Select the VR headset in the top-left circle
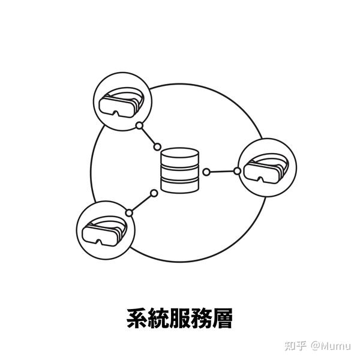coord(122,103)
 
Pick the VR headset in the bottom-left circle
coord(104,230)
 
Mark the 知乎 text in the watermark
coord(295,346)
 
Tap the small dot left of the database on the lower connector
coord(154,193)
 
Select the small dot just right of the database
coord(206,172)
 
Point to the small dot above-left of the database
coord(157,147)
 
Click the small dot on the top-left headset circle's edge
coord(139,126)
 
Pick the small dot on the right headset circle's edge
coord(238,171)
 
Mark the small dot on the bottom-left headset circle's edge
coord(129,212)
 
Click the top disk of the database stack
coord(179,157)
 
